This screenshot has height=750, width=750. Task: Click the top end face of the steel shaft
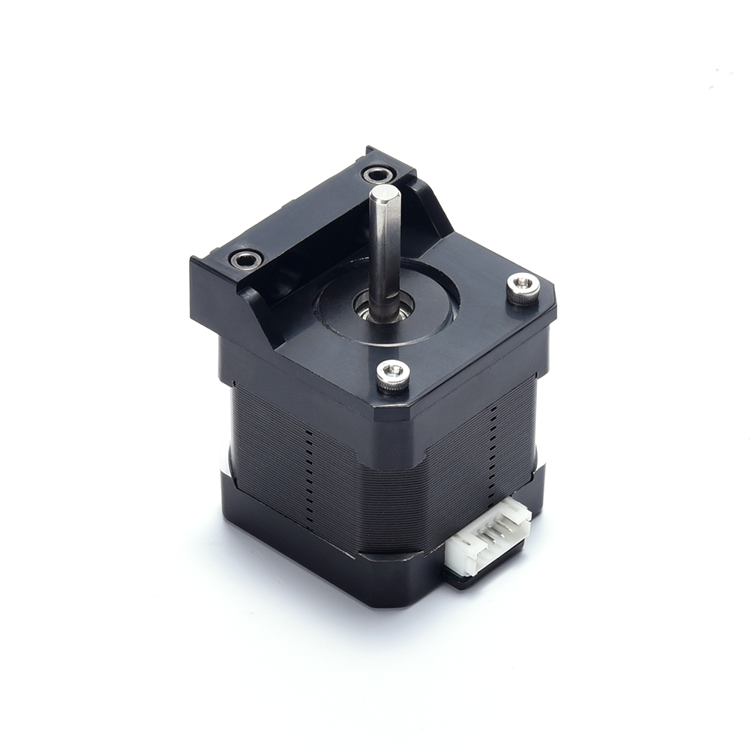coord(384,193)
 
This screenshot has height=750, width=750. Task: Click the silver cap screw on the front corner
coord(393,373)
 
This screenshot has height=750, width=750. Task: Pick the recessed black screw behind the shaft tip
coord(379,175)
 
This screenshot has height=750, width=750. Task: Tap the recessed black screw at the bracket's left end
coord(246,260)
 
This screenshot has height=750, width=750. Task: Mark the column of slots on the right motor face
coord(493,442)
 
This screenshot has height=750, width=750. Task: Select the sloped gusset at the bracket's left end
coord(259,307)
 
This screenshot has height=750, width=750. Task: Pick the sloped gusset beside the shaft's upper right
coord(431,210)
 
